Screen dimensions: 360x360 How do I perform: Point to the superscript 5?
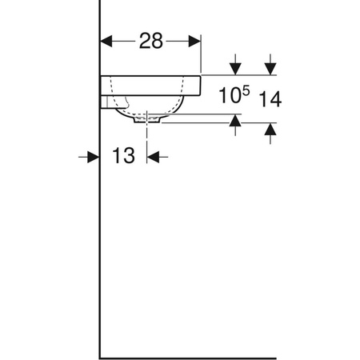coord(246,91)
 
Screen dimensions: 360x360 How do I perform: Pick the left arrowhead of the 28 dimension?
coord(106,41)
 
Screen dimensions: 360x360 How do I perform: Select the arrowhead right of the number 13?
coord(154,157)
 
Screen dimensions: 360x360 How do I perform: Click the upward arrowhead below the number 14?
coord(270,130)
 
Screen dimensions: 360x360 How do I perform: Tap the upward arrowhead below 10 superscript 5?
coord(235,121)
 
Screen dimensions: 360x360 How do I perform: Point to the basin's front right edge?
coord(199,85)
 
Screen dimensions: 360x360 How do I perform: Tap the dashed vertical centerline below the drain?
coord(147,136)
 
